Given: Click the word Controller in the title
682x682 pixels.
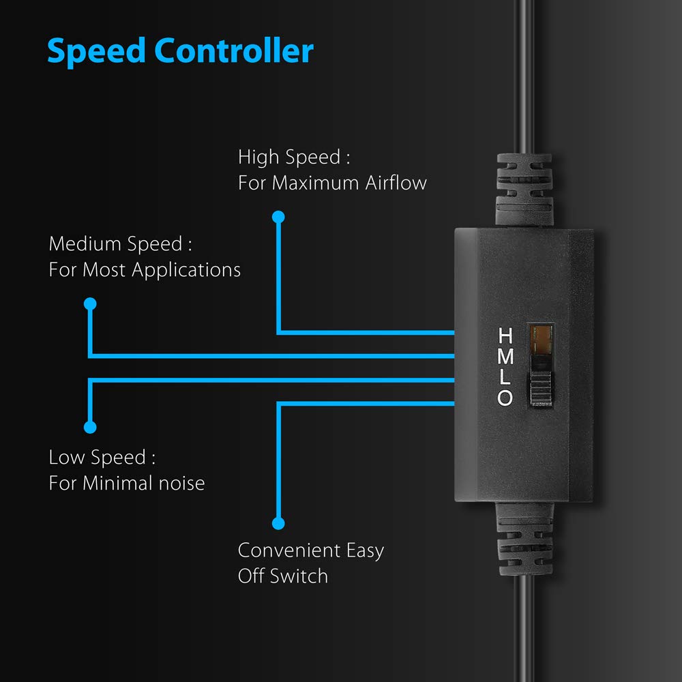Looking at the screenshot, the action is click(234, 50).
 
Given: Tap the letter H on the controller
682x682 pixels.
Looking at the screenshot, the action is click(505, 336).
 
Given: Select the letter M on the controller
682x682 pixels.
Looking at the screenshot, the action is click(505, 356).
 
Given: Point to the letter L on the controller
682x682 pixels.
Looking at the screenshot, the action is click(505, 377).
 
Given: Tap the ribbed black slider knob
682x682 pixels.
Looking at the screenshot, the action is click(541, 389).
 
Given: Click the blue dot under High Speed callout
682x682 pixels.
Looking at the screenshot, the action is click(278, 217).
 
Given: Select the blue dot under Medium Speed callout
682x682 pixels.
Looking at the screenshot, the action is click(90, 303).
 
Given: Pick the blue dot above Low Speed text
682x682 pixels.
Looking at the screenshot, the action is click(90, 427).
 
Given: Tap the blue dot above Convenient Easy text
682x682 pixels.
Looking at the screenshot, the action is click(278, 523).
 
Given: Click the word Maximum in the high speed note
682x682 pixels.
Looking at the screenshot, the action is click(315, 183).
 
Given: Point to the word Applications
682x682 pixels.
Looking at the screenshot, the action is click(186, 271).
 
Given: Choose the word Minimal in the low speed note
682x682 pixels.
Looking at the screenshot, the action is click(117, 484).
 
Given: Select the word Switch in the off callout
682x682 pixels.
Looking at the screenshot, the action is click(299, 576).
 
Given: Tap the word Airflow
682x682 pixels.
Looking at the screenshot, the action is click(396, 183).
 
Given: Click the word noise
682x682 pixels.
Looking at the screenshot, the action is click(181, 484).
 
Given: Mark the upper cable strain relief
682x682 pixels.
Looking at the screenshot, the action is click(524, 190).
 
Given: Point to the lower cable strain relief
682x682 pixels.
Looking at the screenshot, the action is click(524, 539).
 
